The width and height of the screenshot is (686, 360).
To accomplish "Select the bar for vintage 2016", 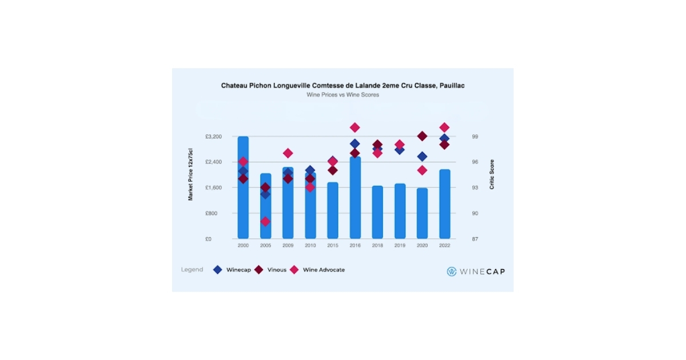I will (355, 200).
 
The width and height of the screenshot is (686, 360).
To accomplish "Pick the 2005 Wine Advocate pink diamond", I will (265, 221).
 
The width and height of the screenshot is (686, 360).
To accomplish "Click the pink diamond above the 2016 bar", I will (355, 127).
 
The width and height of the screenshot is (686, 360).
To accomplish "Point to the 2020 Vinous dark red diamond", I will (422, 136).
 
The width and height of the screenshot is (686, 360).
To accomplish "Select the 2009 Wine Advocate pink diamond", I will (288, 153).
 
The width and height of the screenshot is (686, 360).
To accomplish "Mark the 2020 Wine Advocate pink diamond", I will (422, 170).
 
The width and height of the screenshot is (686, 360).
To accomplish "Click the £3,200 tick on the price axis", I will (213, 137).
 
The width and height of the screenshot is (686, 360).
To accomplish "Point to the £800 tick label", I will (212, 213).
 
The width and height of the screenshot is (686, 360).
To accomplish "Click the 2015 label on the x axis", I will (333, 246).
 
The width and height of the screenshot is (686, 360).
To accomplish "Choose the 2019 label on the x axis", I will (400, 246).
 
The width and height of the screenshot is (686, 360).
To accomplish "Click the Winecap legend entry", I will (231, 270).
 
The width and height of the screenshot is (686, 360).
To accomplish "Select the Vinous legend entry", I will (271, 270).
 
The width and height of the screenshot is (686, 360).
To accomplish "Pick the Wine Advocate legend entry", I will (317, 270).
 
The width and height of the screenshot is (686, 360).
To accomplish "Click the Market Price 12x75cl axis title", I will (191, 174).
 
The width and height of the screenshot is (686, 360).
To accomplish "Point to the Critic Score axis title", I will (492, 174).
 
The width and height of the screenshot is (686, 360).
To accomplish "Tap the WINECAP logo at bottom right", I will (476, 271).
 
